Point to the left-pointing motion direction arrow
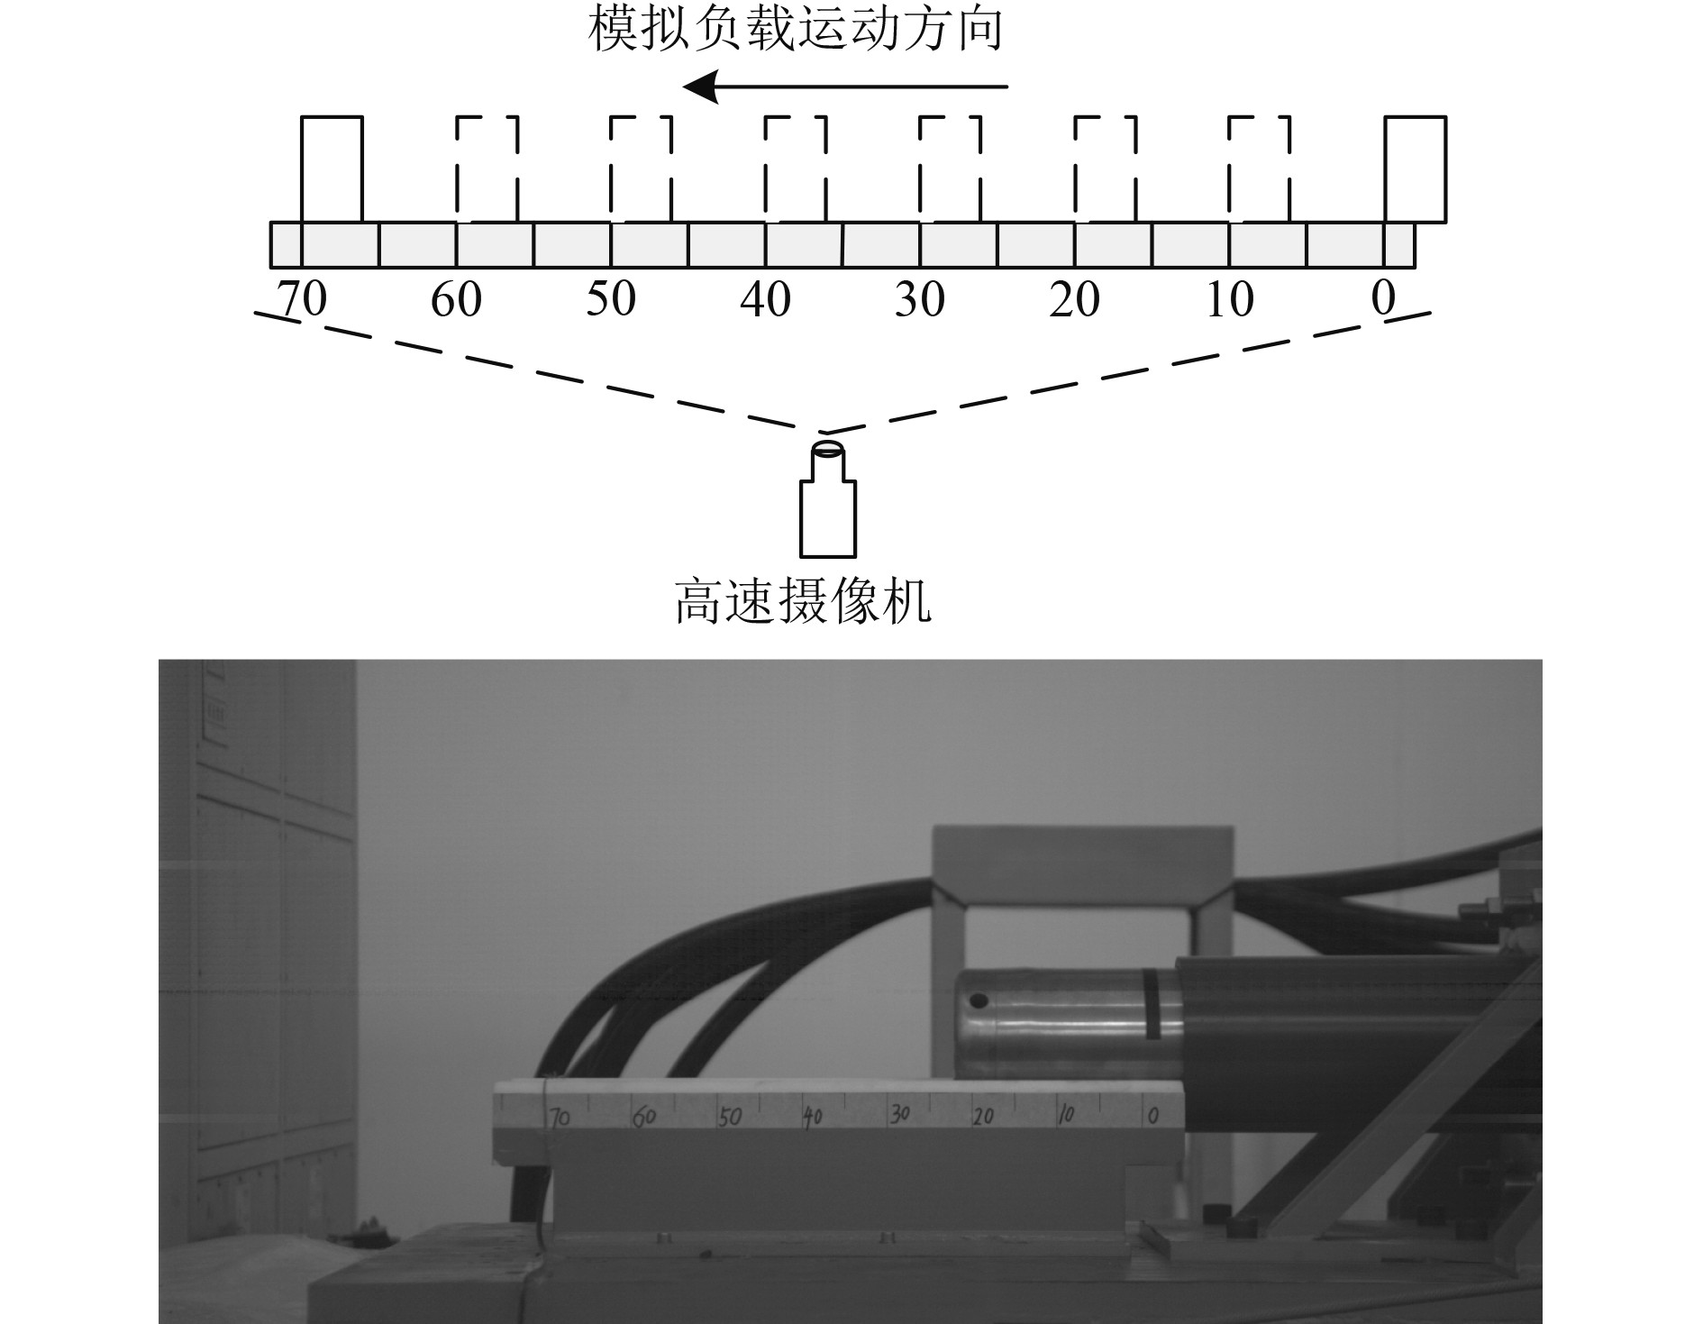pos(844,87)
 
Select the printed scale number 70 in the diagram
pos(302,299)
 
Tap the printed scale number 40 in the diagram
pos(765,299)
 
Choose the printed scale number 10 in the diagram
pos(1229,299)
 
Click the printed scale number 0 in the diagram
pos(1383,298)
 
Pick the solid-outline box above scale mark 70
pos(332,169)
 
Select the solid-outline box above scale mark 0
pos(1415,169)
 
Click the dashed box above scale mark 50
pos(641,169)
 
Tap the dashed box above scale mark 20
pos(1105,169)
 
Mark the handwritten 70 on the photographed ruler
pos(560,1119)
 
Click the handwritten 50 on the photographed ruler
pos(729,1118)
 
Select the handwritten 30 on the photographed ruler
pos(899,1115)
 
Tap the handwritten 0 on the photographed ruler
pos(1152,1116)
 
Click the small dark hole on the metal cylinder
pos(979,1000)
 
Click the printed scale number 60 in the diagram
pos(456,299)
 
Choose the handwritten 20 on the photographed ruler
pos(983,1117)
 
